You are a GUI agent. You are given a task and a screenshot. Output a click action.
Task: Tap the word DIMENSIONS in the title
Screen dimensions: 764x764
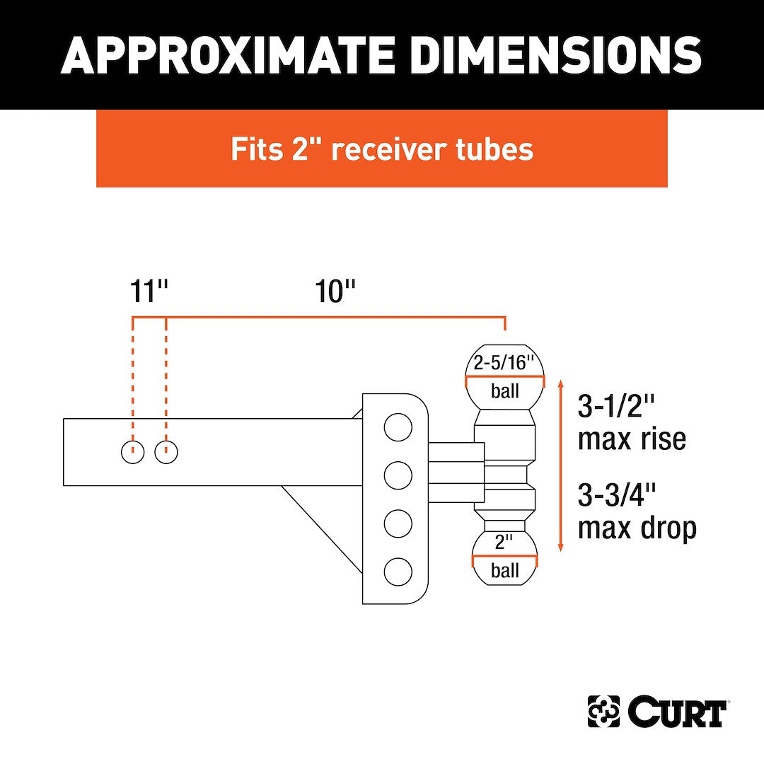pyautogui.click(x=542, y=54)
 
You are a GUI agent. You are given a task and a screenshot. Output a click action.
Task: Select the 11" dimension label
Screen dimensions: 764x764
pyautogui.click(x=149, y=291)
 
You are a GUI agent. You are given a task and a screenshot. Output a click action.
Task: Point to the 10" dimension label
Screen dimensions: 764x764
pyautogui.click(x=335, y=291)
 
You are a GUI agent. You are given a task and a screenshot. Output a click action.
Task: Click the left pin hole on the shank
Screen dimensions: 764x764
pyautogui.click(x=133, y=452)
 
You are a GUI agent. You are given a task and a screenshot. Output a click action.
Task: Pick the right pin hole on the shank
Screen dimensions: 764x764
pyautogui.click(x=166, y=452)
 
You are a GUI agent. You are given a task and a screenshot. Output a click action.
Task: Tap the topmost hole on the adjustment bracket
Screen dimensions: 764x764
pyautogui.click(x=398, y=427)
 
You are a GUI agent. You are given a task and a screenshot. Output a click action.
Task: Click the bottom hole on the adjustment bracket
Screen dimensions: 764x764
pyautogui.click(x=398, y=570)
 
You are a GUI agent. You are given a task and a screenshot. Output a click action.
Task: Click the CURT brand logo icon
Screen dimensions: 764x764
pyautogui.click(x=603, y=712)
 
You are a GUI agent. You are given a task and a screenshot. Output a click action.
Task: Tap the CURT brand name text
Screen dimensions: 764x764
pyautogui.click(x=676, y=712)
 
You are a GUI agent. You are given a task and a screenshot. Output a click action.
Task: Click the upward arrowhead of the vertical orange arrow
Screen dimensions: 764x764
pyautogui.click(x=561, y=384)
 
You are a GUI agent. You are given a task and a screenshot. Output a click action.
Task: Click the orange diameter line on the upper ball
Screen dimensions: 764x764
pyautogui.click(x=505, y=379)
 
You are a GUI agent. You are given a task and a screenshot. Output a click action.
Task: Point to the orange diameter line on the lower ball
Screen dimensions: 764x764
pyautogui.click(x=505, y=557)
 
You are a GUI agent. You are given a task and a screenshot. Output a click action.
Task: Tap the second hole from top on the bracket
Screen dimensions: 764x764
pyautogui.click(x=398, y=475)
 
